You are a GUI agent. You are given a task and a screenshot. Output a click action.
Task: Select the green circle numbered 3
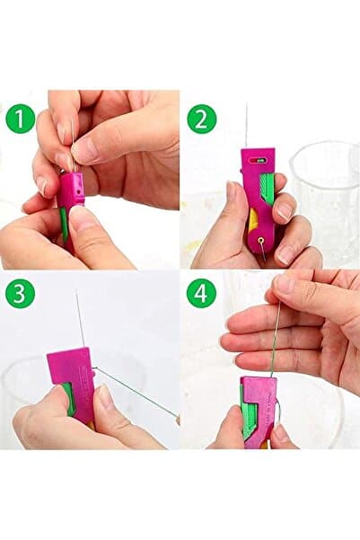click(x=20, y=294)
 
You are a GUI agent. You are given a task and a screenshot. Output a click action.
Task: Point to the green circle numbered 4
click(x=202, y=294)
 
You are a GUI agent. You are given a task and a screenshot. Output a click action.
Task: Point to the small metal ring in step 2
click(x=262, y=240)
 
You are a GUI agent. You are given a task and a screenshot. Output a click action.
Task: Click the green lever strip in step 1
click(x=64, y=224)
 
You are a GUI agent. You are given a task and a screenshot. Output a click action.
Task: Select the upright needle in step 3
click(x=80, y=319)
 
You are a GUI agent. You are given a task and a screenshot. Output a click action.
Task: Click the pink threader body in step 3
click(x=73, y=382)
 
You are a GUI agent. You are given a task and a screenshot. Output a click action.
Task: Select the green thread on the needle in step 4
click(x=274, y=348)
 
